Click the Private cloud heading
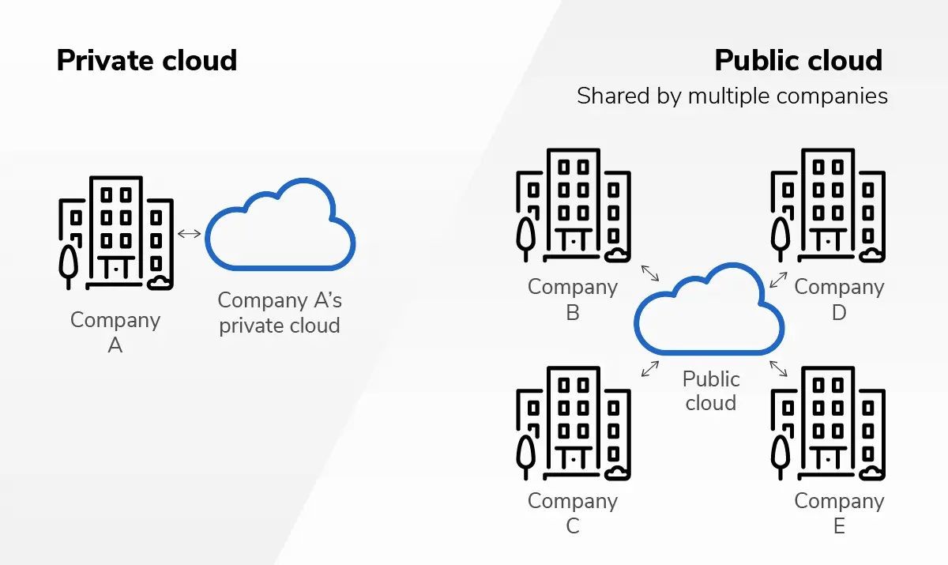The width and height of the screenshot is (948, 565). [147, 61]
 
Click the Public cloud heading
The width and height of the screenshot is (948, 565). [798, 61]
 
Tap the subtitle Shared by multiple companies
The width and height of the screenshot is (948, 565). [732, 96]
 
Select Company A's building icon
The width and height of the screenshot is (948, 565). [116, 232]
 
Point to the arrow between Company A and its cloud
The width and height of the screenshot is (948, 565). [190, 233]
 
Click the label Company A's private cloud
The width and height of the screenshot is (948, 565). [280, 313]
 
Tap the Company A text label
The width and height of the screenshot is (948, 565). [115, 332]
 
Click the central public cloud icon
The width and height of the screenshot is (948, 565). [709, 311]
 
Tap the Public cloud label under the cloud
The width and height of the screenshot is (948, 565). [710, 391]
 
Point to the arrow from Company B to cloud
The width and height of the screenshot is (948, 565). [649, 273]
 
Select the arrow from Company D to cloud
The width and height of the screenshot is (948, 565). [778, 279]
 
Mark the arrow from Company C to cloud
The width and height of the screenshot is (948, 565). [650, 368]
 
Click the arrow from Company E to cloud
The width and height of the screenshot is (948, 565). [778, 368]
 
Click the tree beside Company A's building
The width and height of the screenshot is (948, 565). [69, 265]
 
